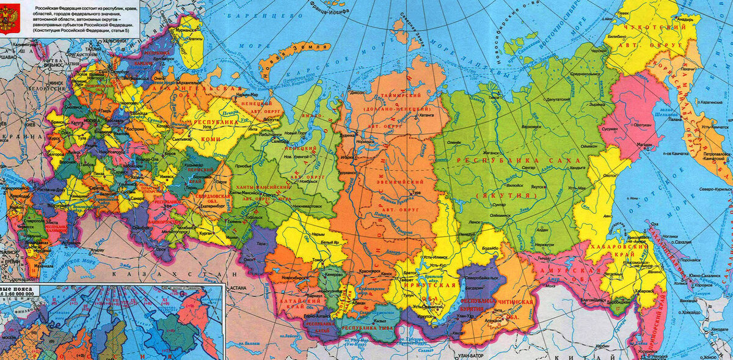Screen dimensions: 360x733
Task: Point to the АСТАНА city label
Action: tap(238, 287)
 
